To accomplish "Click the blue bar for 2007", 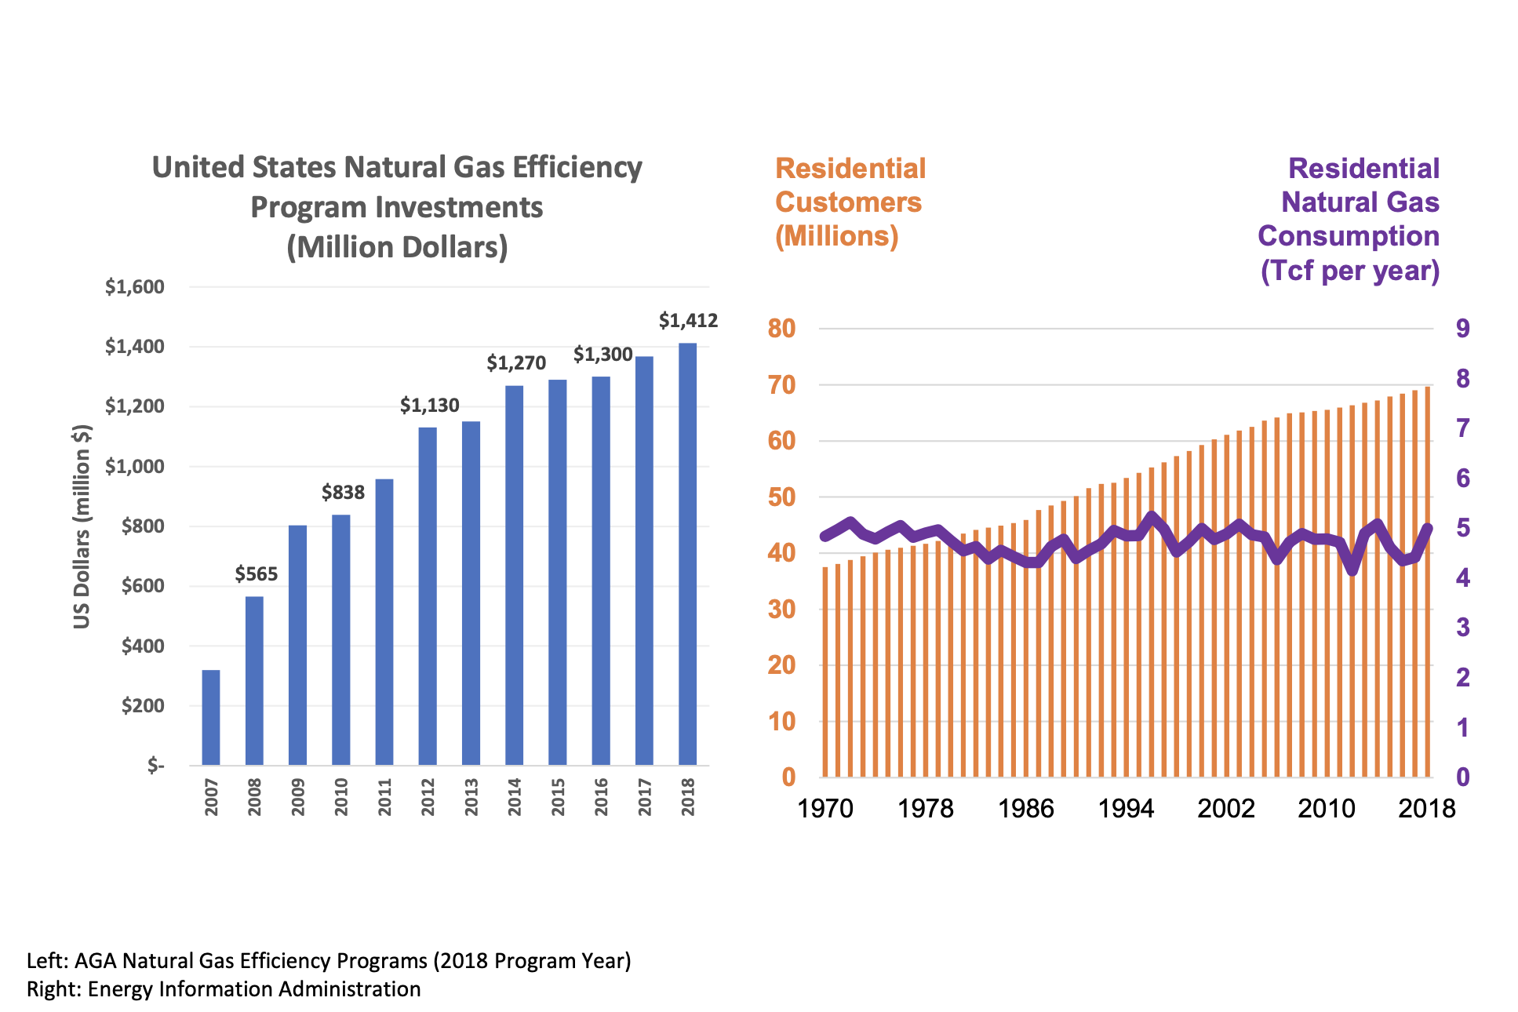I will point(211,717).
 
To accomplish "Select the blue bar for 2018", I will point(687,553).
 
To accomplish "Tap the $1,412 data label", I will point(688,320).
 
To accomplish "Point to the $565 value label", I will point(257,573).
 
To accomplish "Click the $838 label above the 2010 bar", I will point(343,493).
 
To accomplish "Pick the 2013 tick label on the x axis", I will point(471,796).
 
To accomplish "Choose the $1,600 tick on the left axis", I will point(135,287).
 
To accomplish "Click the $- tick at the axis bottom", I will point(156,765).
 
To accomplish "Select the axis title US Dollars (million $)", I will point(82,526).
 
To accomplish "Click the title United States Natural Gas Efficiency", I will point(397,168).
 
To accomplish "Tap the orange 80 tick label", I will point(781,329).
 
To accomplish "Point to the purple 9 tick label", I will point(1462,329).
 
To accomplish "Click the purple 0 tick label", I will point(1462,777).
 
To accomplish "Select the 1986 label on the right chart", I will point(1025,808).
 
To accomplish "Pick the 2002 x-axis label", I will point(1226,808).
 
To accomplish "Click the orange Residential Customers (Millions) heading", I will point(850,202).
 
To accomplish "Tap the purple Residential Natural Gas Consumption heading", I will point(1349,219).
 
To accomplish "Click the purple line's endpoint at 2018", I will point(1427,529).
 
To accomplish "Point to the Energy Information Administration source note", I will point(224,989).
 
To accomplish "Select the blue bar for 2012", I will point(428,596).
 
